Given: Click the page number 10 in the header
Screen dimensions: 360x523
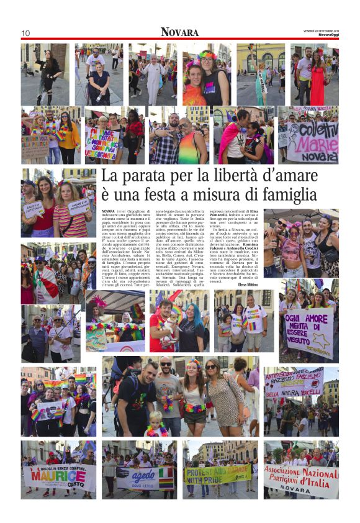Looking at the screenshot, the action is (x=25, y=33).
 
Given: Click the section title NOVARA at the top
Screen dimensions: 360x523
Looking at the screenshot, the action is (x=179, y=32).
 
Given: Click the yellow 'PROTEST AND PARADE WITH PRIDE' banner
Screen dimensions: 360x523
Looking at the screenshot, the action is (x=217, y=474).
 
